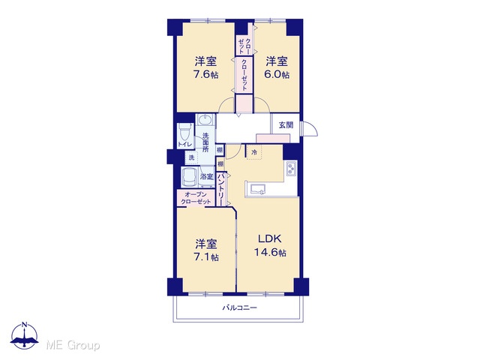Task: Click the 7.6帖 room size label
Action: coord(205,75)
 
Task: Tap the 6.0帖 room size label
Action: coord(277,75)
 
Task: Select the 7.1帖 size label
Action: coord(206,257)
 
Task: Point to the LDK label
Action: coord(269,238)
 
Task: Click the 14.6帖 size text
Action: coord(270,253)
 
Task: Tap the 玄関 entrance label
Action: coord(286,125)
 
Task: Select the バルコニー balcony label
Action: coord(240,307)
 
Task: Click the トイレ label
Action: coord(185,144)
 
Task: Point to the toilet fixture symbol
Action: coord(185,132)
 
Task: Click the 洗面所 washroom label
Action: coord(205,142)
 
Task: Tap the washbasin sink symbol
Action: coord(205,120)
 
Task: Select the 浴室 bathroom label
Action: coord(207,177)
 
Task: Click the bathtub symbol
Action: coord(190,177)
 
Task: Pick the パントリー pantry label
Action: coord(220,189)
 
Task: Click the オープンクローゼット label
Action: coord(196,198)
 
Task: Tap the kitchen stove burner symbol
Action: coord(291,168)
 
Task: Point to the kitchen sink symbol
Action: coord(258,189)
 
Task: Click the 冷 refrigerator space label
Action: coord(254,152)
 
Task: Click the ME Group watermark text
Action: coord(73,346)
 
